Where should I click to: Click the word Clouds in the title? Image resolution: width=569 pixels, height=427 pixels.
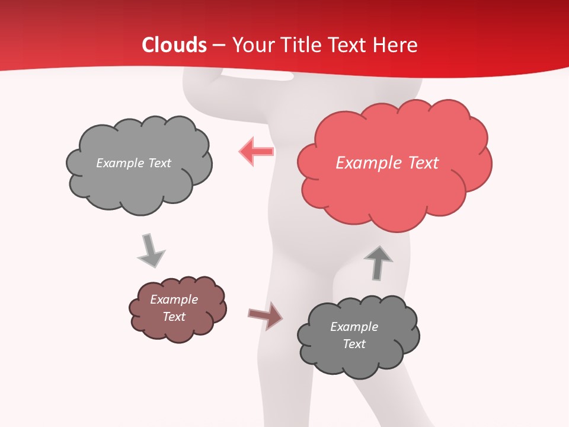pos(174,45)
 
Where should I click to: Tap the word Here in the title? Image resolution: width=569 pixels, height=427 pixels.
pos(396,45)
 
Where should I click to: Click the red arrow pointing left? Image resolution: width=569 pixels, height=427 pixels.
pos(256,151)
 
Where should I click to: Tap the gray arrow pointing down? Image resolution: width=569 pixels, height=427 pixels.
pos(151,250)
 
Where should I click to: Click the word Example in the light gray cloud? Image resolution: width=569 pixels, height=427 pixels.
pos(120,163)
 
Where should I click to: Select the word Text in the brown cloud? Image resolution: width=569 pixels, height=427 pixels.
pos(174,317)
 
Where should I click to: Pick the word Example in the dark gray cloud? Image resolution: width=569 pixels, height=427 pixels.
pos(354,327)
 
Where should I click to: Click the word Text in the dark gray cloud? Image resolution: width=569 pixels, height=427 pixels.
pos(354,344)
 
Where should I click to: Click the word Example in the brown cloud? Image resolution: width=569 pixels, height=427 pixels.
pos(174,299)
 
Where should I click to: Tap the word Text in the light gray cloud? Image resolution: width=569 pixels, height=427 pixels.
pos(159,163)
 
